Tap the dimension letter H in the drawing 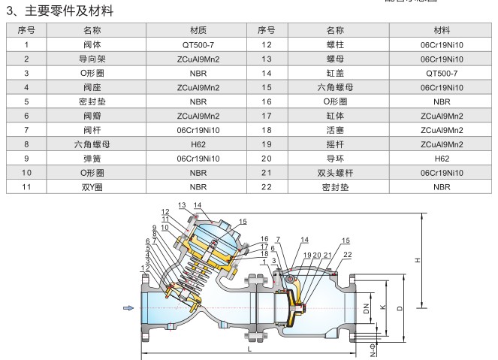(x=418, y=260)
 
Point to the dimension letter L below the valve (x=249, y=348)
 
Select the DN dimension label (x=367, y=308)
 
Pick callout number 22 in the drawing (x=346, y=256)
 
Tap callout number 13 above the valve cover (x=183, y=205)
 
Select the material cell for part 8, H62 (x=198, y=144)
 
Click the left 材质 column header (x=198, y=30)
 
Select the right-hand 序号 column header (x=266, y=30)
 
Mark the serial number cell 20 (x=266, y=159)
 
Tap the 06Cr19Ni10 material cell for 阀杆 (x=198, y=130)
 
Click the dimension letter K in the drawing (x=384, y=308)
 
